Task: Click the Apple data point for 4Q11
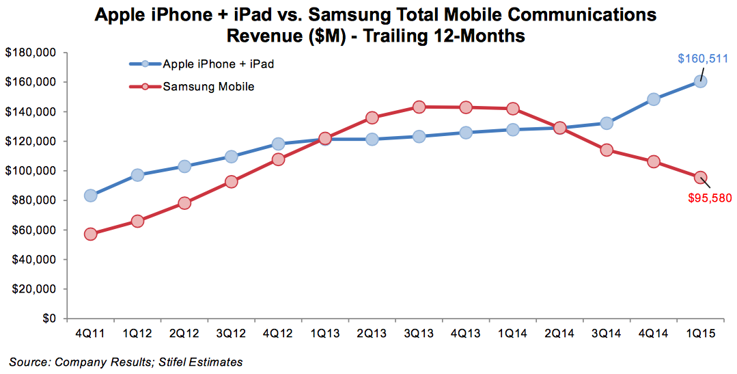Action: click(x=90, y=196)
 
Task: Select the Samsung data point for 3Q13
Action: click(x=419, y=107)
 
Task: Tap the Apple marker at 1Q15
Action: click(x=700, y=81)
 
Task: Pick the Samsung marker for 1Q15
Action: click(x=700, y=178)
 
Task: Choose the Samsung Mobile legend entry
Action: click(x=208, y=87)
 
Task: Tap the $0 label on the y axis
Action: click(x=48, y=319)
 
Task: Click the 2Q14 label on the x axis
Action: click(x=559, y=334)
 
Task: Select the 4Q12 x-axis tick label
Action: click(x=278, y=334)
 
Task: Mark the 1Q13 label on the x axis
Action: click(x=325, y=334)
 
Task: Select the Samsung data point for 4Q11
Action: click(x=90, y=234)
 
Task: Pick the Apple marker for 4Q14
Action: click(x=653, y=99)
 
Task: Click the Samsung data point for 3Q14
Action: click(x=606, y=150)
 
